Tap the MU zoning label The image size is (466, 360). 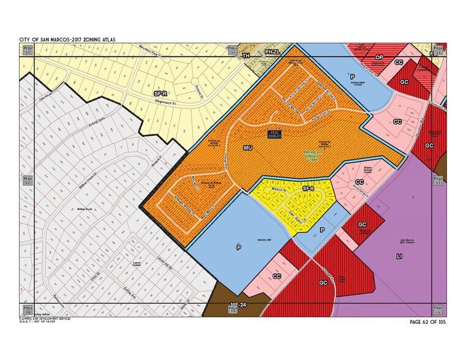tap(248, 148)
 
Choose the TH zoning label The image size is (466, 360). tap(246, 55)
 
